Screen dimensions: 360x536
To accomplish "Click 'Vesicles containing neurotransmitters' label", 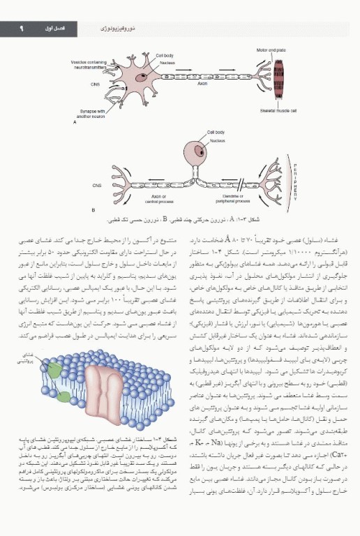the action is coord(89,64).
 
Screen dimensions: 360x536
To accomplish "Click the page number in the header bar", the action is coord(22,29).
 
